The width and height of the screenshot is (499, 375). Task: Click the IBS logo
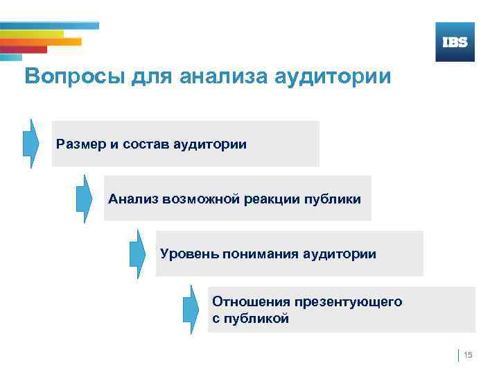[455, 42]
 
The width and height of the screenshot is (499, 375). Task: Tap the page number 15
[468, 356]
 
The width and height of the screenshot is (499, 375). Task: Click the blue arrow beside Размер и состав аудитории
[30, 143]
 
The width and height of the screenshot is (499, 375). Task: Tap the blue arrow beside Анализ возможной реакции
[84, 199]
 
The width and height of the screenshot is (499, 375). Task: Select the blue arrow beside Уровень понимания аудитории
[137, 253]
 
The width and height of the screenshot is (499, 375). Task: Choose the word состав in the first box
[145, 144]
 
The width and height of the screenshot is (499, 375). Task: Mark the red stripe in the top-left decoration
[24, 49]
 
